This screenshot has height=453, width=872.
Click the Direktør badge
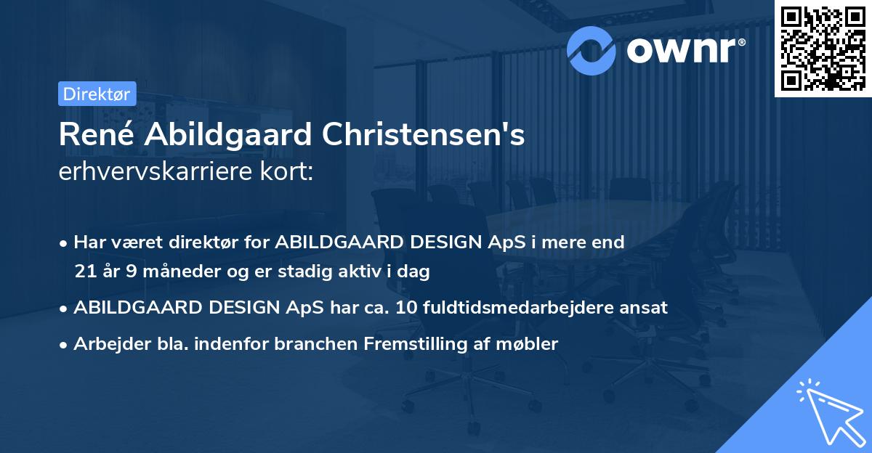click(x=97, y=94)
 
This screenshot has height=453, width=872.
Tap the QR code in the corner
click(x=823, y=48)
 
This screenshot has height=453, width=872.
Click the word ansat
click(x=646, y=307)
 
